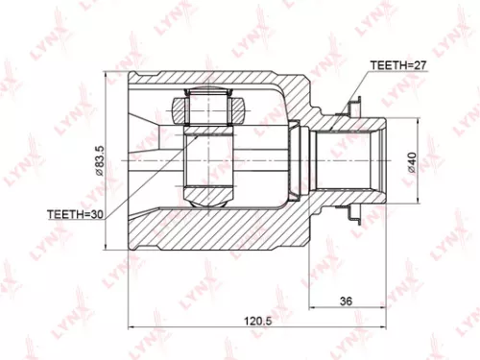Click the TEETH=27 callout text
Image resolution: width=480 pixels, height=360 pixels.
396,64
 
